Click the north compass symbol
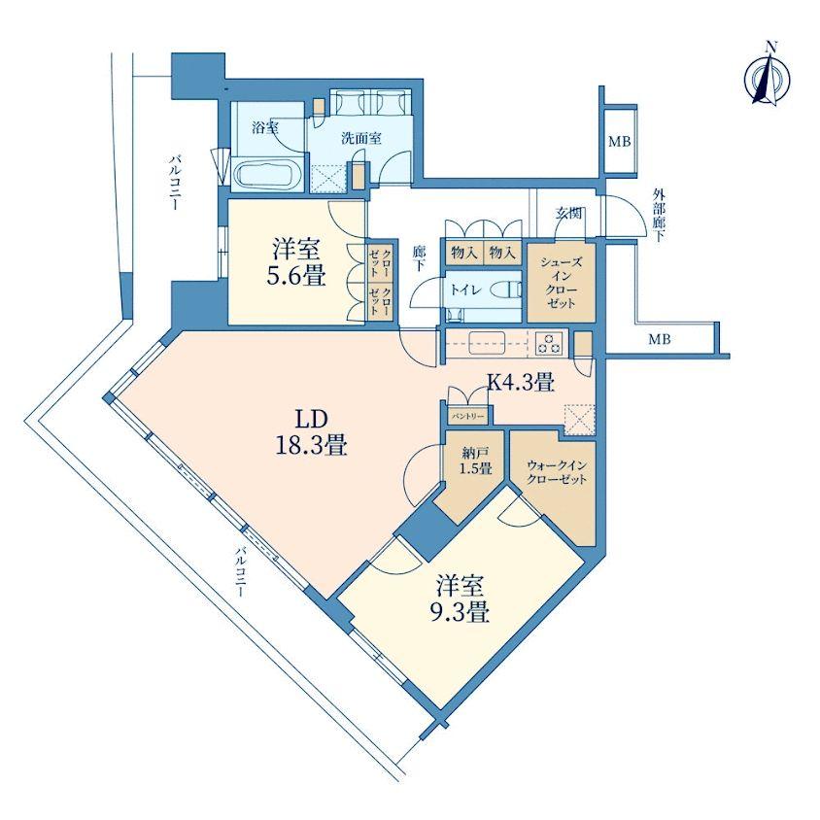pyautogui.click(x=769, y=79)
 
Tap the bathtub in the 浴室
pyautogui.click(x=268, y=173)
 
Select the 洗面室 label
pyautogui.click(x=360, y=139)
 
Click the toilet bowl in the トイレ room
pyautogui.click(x=509, y=290)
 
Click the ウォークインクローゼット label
pyautogui.click(x=557, y=473)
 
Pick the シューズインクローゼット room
pyautogui.click(x=562, y=283)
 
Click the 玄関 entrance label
pyautogui.click(x=568, y=213)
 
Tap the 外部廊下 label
pyautogui.click(x=659, y=215)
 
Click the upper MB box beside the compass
pyautogui.click(x=620, y=141)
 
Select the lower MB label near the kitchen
pyautogui.click(x=660, y=340)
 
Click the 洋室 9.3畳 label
pyautogui.click(x=460, y=598)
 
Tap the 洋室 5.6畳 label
pyautogui.click(x=296, y=261)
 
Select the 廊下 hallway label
pyautogui.click(x=420, y=258)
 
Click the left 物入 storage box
pyautogui.click(x=464, y=254)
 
